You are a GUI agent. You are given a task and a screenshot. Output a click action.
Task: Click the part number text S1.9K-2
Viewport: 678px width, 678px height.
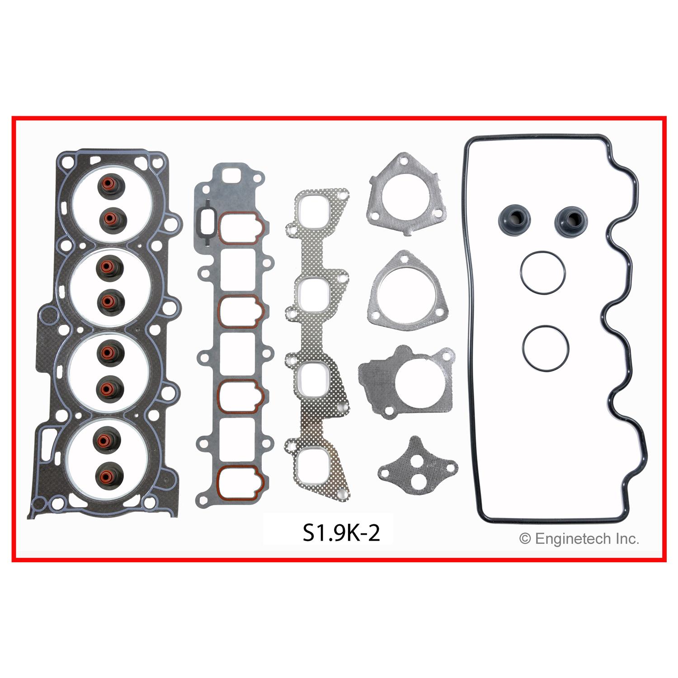point(341,533)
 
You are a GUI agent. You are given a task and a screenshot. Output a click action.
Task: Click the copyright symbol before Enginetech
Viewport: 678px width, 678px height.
point(525,539)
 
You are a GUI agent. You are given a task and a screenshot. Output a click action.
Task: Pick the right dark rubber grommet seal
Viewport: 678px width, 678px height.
point(570,220)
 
